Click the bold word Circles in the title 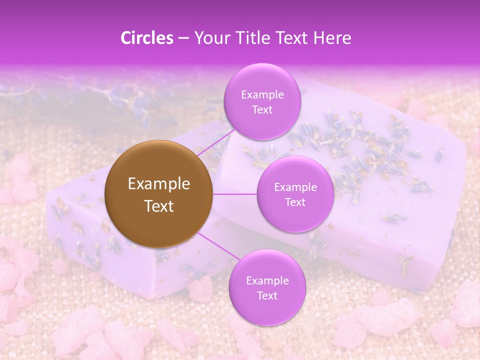point(147,38)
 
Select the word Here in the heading point(332,38)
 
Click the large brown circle point(159,194)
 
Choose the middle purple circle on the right point(295,194)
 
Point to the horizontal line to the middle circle point(235,194)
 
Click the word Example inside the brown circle point(159,184)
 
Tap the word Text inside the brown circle point(159,206)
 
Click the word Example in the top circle point(262,94)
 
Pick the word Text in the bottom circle point(267,295)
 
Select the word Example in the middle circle point(295,187)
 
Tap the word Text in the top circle point(262,109)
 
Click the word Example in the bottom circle point(267,281)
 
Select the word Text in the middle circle point(295,202)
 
